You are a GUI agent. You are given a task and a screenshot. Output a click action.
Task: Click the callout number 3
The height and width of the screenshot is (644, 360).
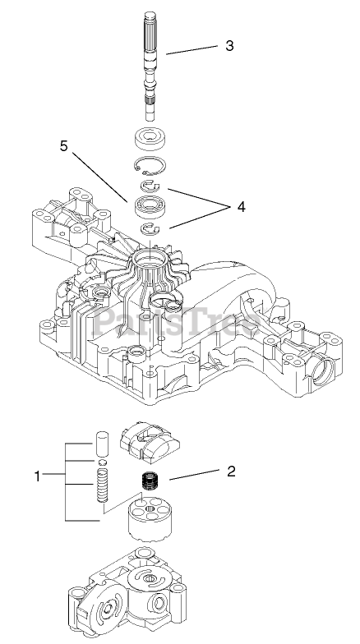[229, 45]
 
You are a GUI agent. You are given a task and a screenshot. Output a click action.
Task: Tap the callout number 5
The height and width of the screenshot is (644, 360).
[64, 146]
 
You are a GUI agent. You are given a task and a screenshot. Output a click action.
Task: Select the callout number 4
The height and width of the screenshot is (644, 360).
[242, 207]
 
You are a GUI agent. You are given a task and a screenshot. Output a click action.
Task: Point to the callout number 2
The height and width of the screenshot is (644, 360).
[232, 471]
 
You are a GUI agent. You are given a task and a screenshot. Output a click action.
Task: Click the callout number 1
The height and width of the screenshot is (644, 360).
[38, 476]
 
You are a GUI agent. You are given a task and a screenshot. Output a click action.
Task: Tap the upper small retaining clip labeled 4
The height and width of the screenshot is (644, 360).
[150, 186]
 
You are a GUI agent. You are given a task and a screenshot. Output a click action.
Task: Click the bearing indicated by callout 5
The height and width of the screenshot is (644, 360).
[151, 205]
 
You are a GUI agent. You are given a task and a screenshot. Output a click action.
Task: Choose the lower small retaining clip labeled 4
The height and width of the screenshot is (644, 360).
[150, 230]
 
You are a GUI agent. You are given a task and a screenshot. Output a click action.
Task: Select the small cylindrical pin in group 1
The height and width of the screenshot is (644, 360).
[102, 444]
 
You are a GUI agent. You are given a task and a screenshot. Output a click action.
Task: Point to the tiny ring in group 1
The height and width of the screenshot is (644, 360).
[102, 463]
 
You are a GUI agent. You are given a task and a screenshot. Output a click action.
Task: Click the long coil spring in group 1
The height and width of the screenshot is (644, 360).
[102, 485]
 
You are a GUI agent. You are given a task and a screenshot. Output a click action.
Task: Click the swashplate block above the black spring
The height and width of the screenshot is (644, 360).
[150, 440]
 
